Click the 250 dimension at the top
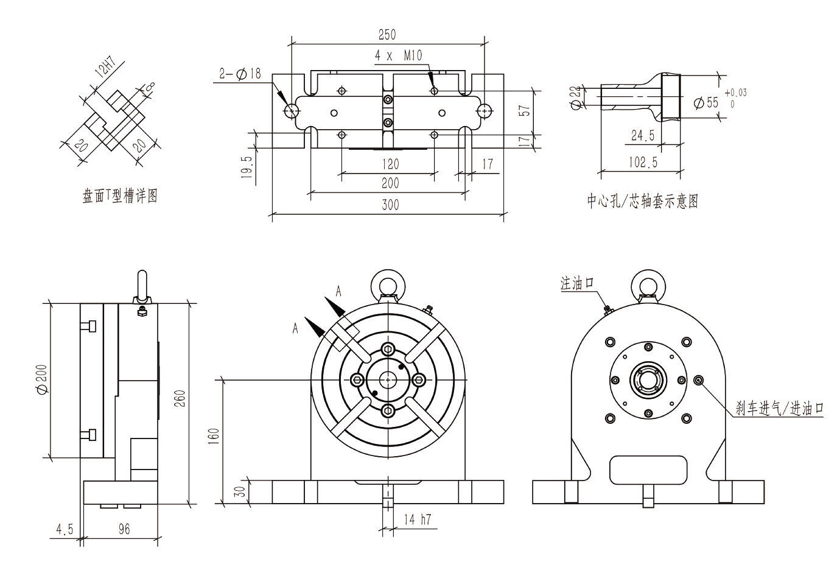tap(387, 35)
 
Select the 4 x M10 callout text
tap(398, 56)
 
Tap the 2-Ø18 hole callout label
tap(240, 74)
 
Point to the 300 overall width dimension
tap(390, 205)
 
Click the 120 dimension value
tap(390, 164)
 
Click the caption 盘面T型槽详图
tap(120, 196)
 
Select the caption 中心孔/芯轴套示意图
tap(642, 201)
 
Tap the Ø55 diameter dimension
tap(706, 102)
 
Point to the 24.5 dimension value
tap(642, 136)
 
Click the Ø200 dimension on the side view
tap(42, 380)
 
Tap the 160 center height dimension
tap(213, 436)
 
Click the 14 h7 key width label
tap(417, 519)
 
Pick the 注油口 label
tap(576, 283)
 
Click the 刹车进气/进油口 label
tap(779, 409)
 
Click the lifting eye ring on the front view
tap(387, 282)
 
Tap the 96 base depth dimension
tap(124, 530)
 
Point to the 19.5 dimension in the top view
tap(247, 165)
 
